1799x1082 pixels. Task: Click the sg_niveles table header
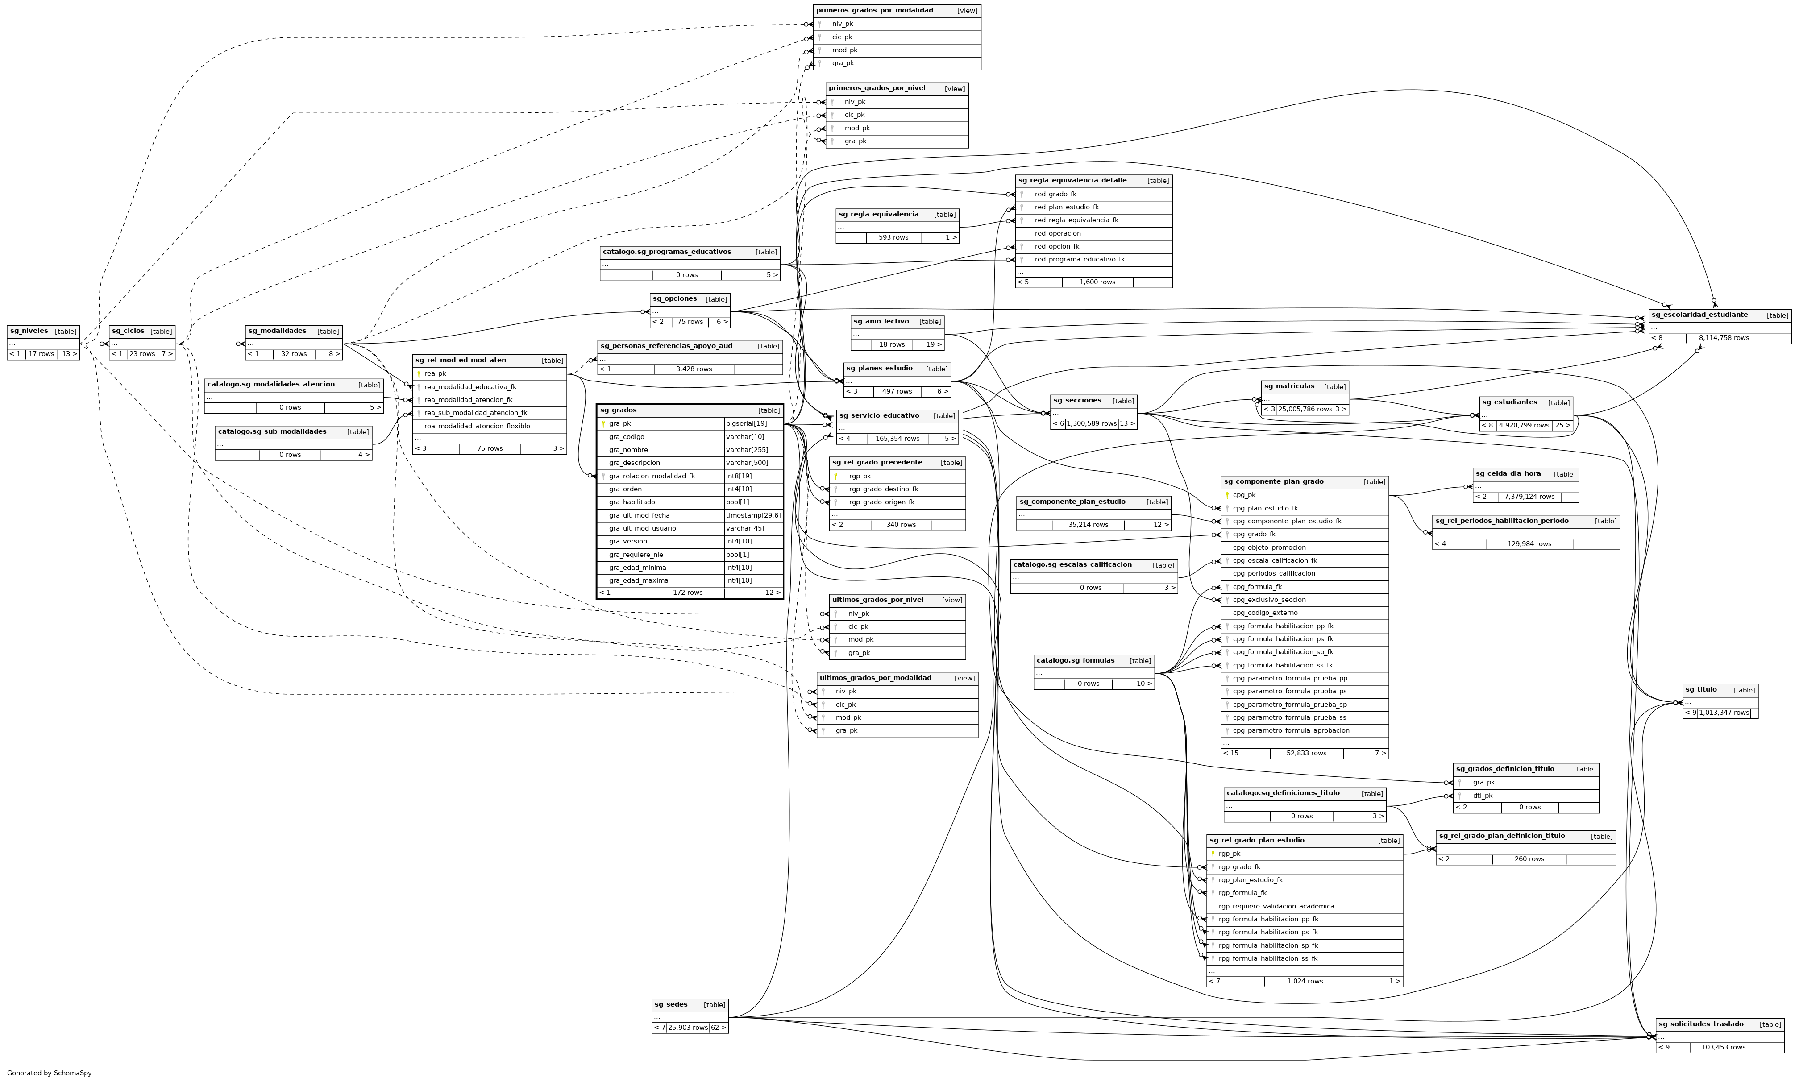[29, 331]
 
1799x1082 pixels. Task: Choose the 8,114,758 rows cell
[1723, 338]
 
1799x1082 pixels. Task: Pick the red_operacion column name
[1057, 233]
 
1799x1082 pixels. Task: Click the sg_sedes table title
[671, 1005]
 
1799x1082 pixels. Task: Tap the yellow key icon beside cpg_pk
[1227, 495]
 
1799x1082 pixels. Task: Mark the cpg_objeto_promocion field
[1269, 547]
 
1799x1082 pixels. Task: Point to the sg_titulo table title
[1700, 690]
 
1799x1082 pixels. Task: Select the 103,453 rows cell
[1723, 1047]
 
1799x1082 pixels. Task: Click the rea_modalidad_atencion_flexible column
[477, 426]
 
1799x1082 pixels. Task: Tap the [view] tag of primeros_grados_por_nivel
[955, 89]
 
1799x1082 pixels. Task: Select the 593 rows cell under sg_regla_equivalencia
[893, 238]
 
